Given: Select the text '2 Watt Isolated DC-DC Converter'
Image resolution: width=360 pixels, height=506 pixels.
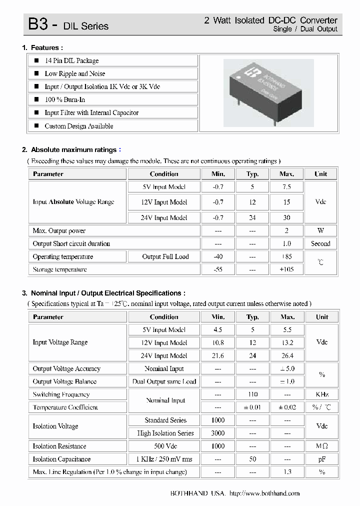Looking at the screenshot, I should pyautogui.click(x=270, y=20).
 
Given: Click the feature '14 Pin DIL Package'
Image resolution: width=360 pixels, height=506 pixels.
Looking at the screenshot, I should pyautogui.click(x=71, y=60).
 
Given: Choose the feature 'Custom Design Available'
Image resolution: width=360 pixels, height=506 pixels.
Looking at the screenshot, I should pyautogui.click(x=78, y=126).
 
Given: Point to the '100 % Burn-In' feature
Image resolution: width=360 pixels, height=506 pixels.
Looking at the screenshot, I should pyautogui.click(x=64, y=99).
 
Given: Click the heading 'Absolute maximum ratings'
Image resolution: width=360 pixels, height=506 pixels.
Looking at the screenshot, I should pyautogui.click(x=73, y=149).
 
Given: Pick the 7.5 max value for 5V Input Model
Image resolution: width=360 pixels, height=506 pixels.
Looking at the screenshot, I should pyautogui.click(x=286, y=187).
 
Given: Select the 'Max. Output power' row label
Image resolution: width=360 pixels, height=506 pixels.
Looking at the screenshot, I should pyautogui.click(x=59, y=231).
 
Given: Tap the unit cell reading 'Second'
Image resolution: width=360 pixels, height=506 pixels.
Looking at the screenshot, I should pyautogui.click(x=320, y=244).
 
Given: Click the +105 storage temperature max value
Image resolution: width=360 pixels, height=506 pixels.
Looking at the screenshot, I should pyautogui.click(x=286, y=269).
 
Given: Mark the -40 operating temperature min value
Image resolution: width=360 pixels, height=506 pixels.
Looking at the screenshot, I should pyautogui.click(x=218, y=256).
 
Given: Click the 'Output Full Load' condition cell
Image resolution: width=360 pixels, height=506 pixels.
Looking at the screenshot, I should pyautogui.click(x=165, y=256).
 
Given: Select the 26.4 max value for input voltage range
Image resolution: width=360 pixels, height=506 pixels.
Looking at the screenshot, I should pyautogui.click(x=287, y=356).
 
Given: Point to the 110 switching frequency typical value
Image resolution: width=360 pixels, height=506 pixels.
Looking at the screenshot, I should pyautogui.click(x=252, y=394).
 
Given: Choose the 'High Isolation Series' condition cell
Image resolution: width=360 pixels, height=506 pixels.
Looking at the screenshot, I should pyautogui.click(x=165, y=433).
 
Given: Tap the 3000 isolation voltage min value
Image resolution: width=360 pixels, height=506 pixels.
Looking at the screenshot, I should pyautogui.click(x=218, y=433).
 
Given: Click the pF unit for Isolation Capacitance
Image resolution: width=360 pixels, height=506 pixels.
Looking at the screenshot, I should pyautogui.click(x=321, y=459).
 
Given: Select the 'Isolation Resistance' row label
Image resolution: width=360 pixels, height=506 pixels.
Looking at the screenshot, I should pyautogui.click(x=59, y=446).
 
